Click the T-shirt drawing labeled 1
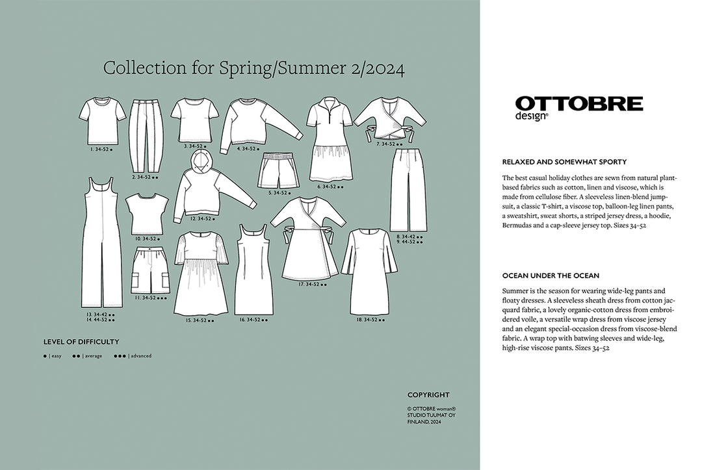click(x=102, y=121)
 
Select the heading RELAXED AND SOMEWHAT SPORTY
click(x=564, y=162)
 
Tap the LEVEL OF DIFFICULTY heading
click(x=81, y=341)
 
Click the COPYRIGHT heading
click(x=428, y=395)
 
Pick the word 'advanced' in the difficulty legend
click(x=141, y=356)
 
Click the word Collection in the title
click(x=134, y=69)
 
